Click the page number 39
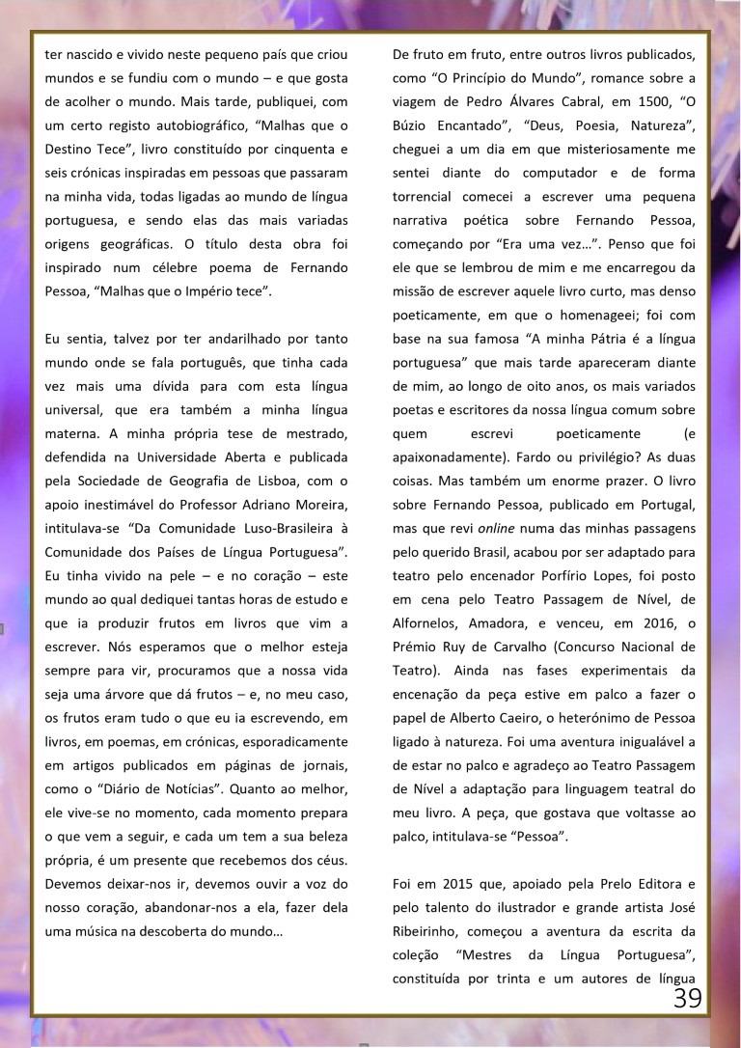[x=688, y=998]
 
